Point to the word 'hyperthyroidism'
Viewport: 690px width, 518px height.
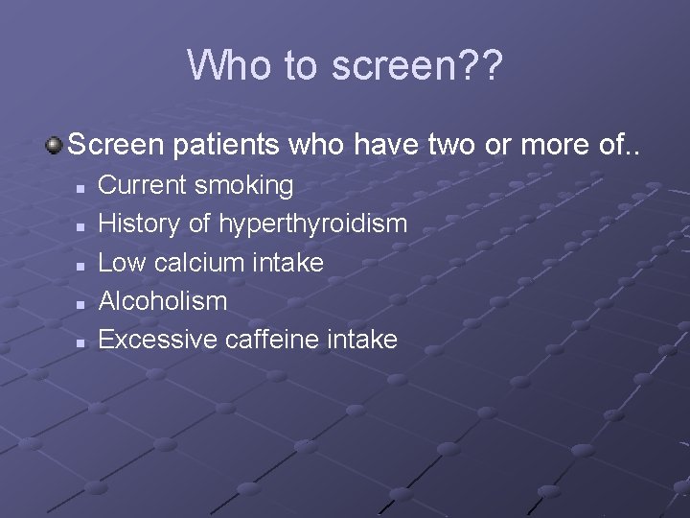(313, 224)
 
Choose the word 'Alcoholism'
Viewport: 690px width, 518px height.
(163, 300)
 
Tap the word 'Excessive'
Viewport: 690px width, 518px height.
(158, 339)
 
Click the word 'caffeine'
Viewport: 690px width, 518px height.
(273, 339)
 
